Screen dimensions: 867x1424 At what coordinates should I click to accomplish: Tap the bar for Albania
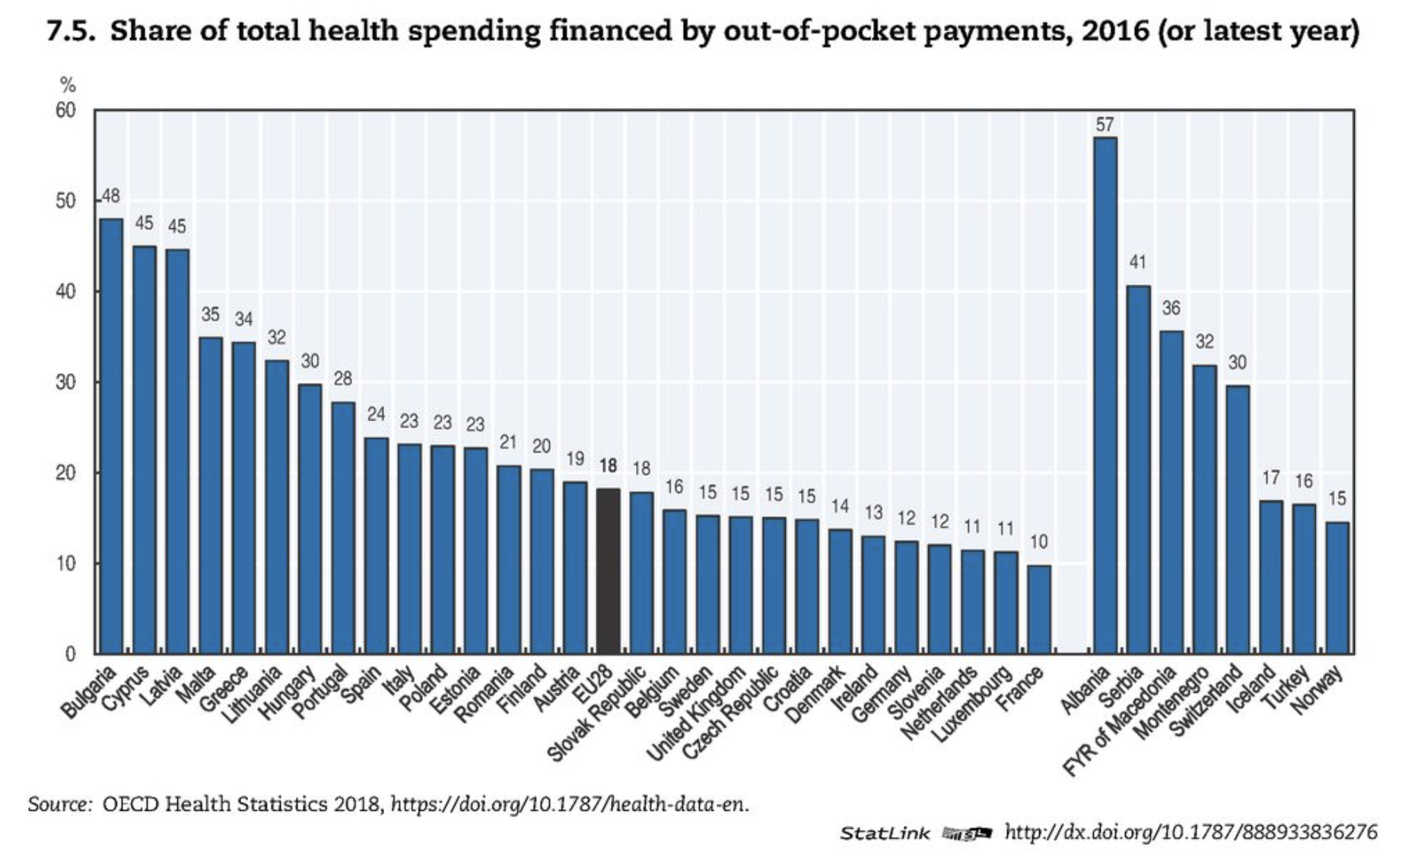[1105, 395]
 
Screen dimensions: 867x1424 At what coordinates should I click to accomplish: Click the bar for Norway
[1337, 587]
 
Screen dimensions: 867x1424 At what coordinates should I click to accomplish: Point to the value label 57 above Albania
[1105, 125]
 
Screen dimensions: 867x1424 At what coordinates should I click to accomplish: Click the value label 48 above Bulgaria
[111, 196]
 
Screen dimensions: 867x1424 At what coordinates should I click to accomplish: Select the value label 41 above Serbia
[1137, 262]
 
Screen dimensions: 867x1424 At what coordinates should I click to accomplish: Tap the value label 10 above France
[1038, 541]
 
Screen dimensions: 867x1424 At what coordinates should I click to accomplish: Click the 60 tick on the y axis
[66, 111]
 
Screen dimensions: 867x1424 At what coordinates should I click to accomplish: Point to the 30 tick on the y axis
[66, 383]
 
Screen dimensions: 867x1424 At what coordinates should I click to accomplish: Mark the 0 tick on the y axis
[70, 654]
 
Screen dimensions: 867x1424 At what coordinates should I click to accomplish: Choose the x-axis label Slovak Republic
[598, 713]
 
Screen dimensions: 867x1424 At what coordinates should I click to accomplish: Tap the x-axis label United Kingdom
[697, 713]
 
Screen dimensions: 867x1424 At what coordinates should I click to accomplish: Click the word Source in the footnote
[59, 805]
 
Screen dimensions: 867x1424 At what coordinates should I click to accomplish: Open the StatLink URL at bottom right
[1190, 832]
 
